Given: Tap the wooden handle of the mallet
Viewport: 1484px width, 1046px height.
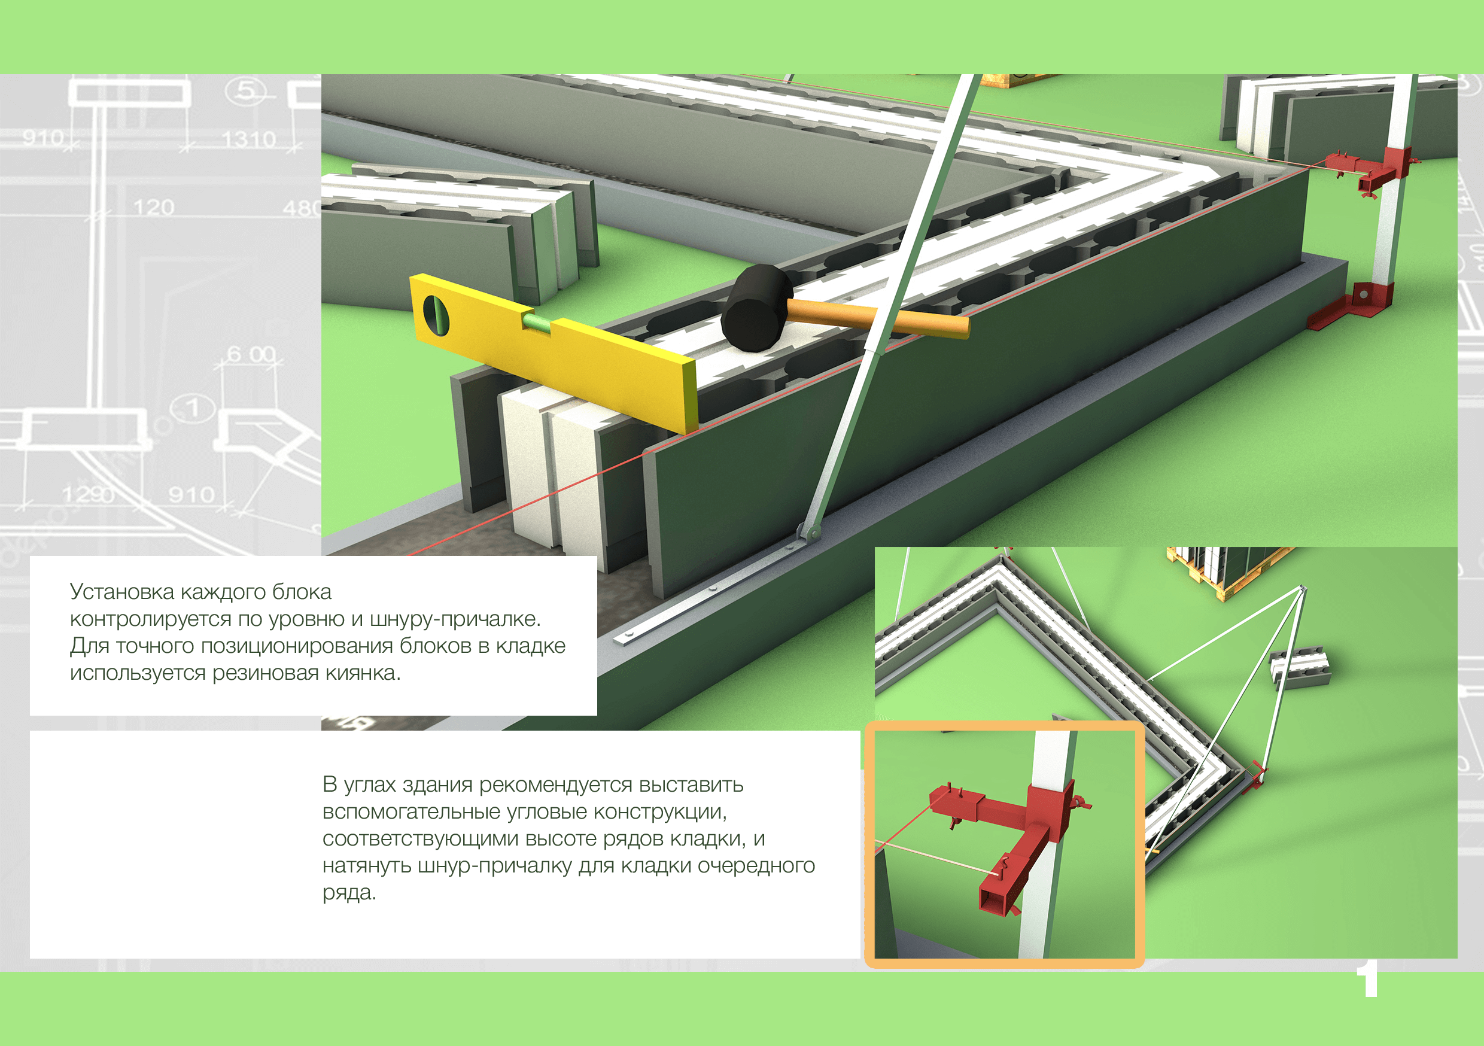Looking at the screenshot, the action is pos(879,317).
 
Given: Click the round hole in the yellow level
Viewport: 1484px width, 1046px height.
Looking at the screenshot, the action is pos(436,314).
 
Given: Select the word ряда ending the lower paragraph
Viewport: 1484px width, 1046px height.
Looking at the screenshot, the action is pos(349,893).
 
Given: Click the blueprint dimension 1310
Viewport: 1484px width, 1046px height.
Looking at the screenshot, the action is pos(249,139).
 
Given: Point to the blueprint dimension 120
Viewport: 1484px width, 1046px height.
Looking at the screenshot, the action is pos(154,207).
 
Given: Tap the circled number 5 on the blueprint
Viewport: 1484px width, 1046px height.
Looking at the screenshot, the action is pos(245,90).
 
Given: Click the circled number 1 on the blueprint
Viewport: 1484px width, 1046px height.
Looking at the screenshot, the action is pos(192,408).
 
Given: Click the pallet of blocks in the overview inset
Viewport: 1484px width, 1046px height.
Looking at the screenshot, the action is pos(1228,569).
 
